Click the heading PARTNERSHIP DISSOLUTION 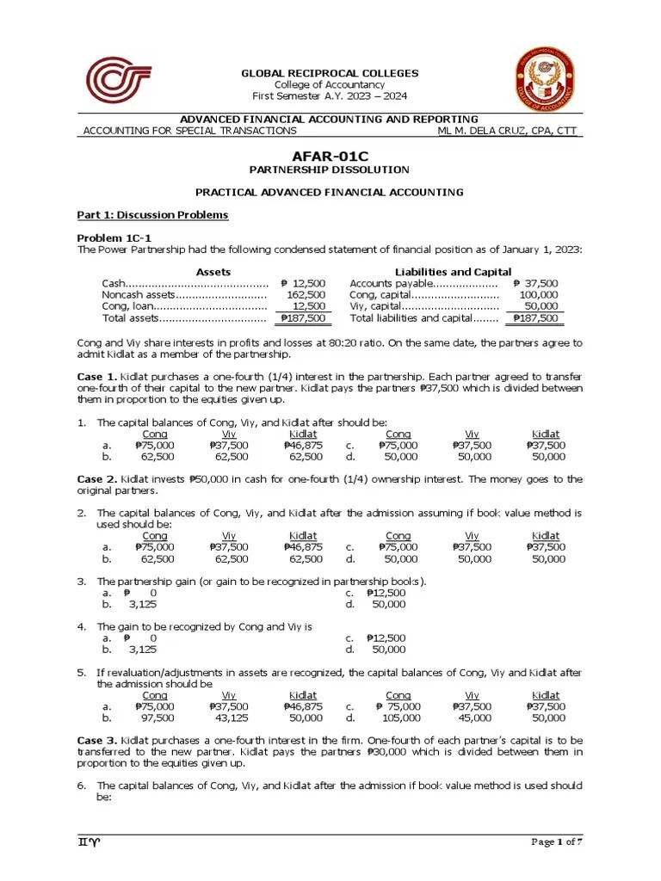(330, 170)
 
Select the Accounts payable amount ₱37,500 (535, 283)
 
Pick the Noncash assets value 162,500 (304, 295)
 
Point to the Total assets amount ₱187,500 (302, 318)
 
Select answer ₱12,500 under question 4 (386, 638)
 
